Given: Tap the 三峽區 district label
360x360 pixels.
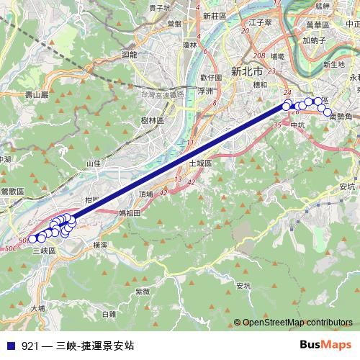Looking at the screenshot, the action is (45, 250).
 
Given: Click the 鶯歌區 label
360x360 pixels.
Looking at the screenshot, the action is (12, 192).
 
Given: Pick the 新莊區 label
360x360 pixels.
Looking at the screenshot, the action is (214, 15).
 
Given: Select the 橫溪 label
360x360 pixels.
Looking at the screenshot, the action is (100, 245).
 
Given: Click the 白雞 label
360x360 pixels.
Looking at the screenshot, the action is (109, 314).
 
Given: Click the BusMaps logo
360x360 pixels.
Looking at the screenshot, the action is (326, 345).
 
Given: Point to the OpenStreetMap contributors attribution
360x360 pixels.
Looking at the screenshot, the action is (297, 323).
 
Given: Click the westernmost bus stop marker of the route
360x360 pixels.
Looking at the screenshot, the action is (32, 238).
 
